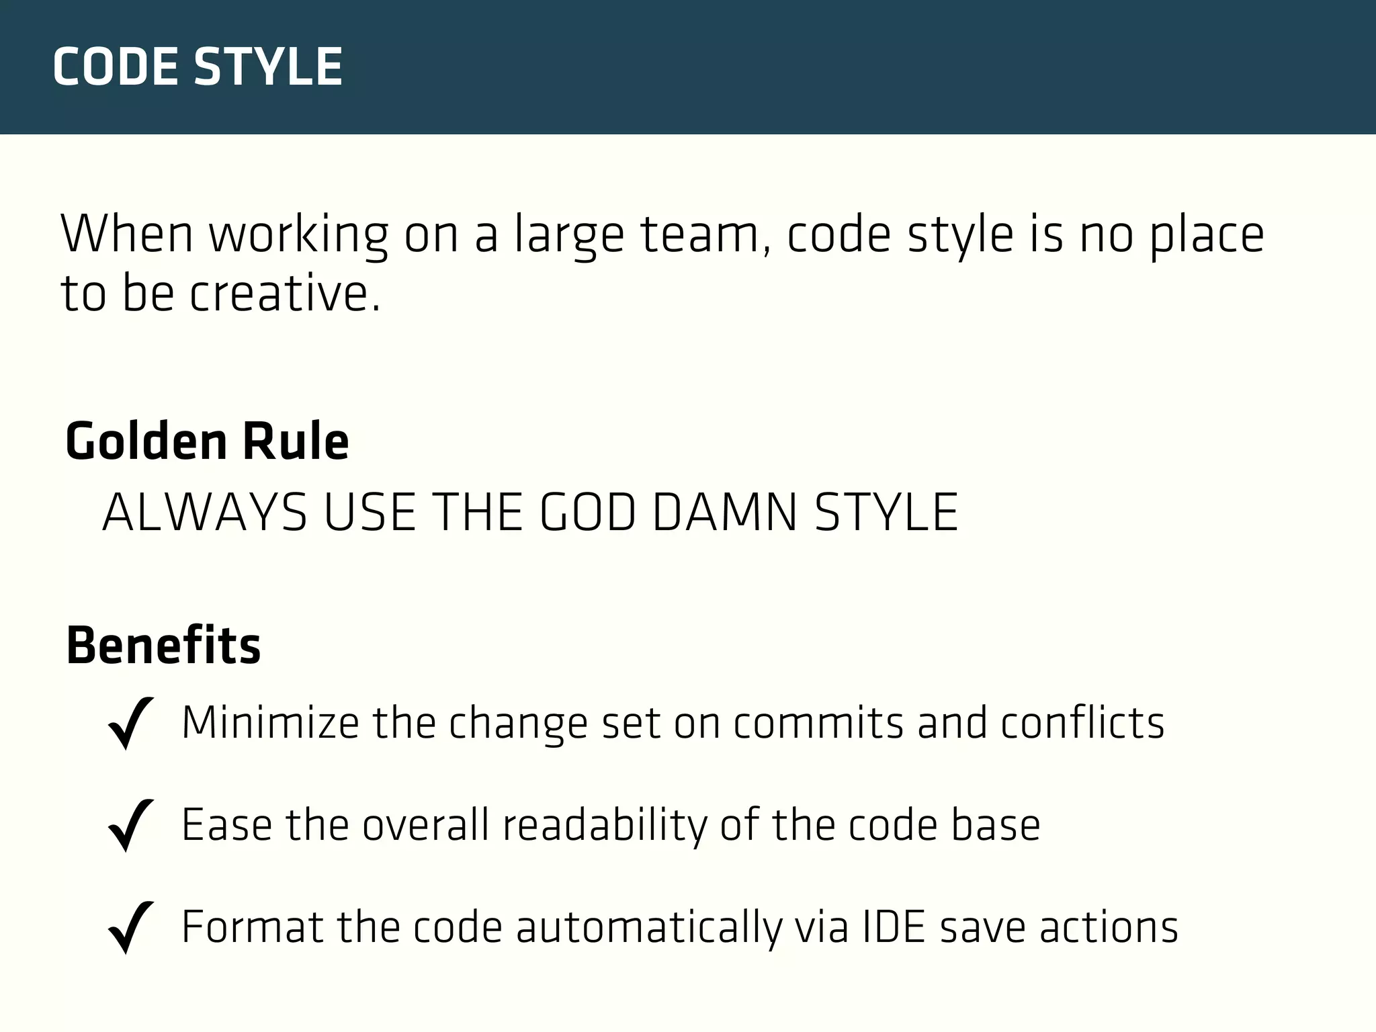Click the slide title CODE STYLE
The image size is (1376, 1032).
198,67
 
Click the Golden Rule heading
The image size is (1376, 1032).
207,441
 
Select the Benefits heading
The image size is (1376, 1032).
163,646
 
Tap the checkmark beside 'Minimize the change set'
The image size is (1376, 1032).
130,723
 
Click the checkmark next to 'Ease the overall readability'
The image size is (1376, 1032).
130,825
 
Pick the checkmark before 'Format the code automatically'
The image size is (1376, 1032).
130,927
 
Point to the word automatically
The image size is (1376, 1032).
649,927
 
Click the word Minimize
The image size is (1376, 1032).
270,723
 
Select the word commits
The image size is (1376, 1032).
818,723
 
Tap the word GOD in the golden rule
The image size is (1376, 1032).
588,513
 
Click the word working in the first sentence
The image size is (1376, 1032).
298,234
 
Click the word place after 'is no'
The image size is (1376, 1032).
1207,234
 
